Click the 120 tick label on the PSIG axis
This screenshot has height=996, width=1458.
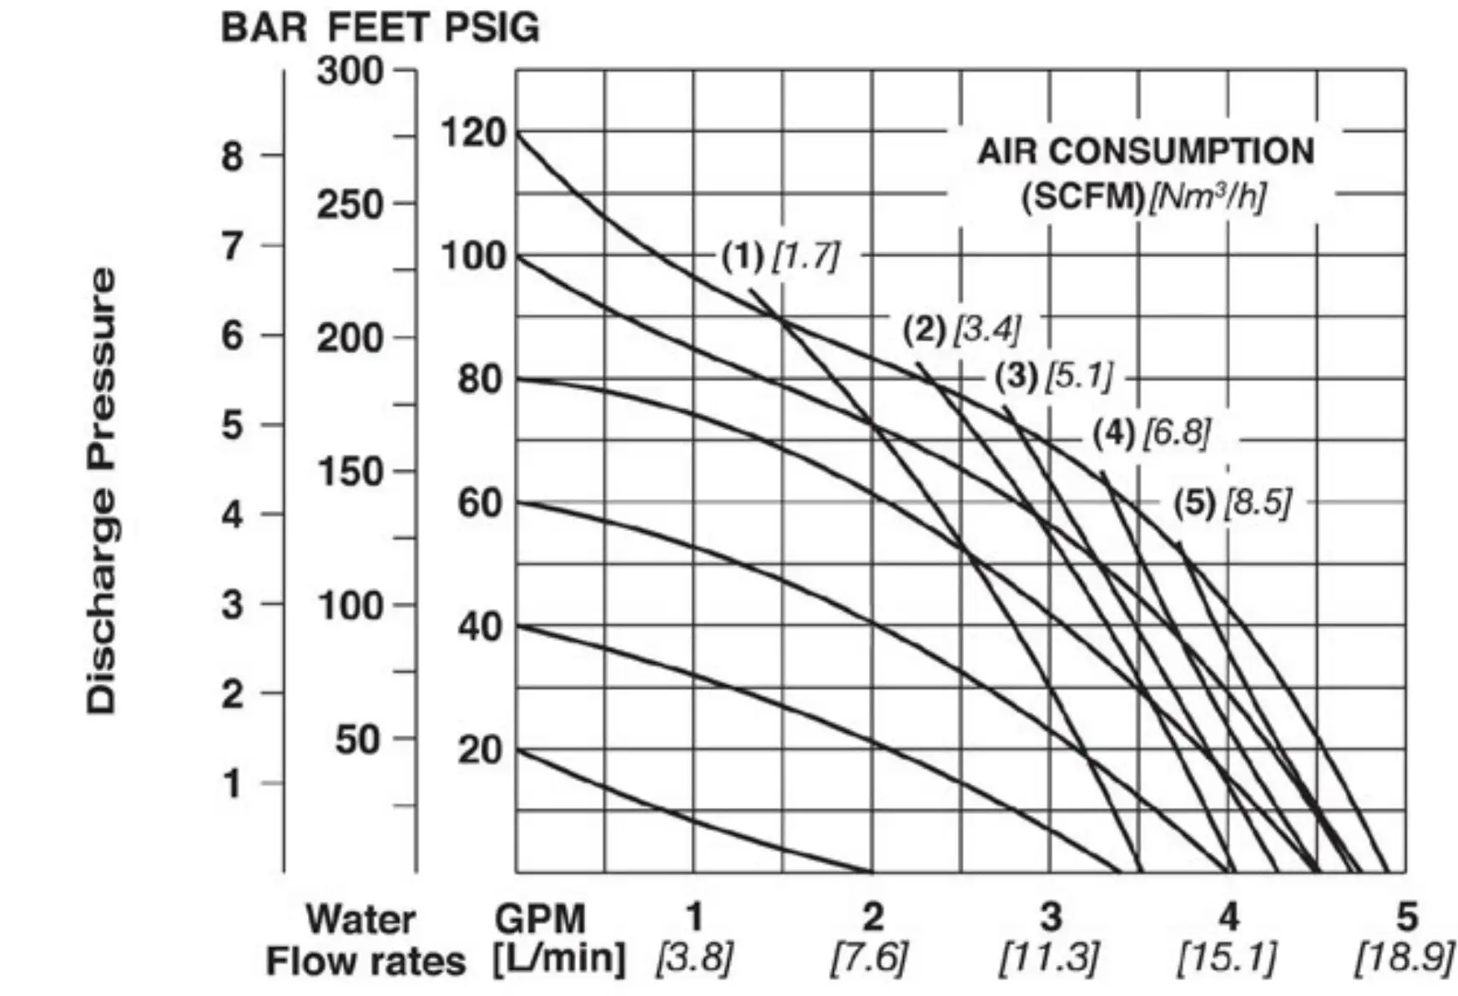point(473,133)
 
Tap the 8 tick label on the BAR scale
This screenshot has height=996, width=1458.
point(233,156)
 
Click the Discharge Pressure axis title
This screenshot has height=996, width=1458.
point(102,490)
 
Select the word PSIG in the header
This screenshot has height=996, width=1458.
point(492,28)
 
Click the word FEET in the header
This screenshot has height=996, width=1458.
point(378,28)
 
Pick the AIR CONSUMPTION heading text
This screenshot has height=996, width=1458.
point(1146,151)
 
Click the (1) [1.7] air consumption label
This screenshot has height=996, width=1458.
point(780,255)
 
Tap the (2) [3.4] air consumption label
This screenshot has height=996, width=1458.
point(961,329)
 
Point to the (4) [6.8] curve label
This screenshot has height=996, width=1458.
point(1152,432)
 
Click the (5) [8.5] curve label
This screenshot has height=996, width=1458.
point(1233,503)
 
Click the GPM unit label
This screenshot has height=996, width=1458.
point(540,918)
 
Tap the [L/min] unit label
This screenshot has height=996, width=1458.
point(558,958)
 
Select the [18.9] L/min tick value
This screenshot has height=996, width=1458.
point(1405,958)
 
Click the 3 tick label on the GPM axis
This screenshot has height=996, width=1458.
point(1051,917)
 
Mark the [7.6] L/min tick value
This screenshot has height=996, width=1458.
point(870,958)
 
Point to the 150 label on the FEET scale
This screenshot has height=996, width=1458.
point(351,473)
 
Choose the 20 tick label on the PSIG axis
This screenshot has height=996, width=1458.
point(480,750)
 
